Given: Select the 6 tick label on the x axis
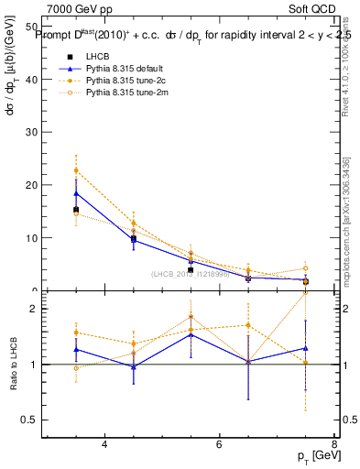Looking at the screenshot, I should point(219,444).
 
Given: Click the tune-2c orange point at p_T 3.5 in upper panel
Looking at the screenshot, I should point(76,170).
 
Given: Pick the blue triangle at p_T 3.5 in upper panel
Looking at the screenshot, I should point(76,193).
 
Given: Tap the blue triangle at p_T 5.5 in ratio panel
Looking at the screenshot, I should point(191,334).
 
